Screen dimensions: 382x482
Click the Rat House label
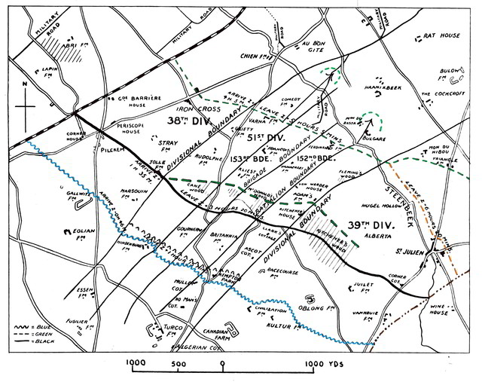click(441, 35)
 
